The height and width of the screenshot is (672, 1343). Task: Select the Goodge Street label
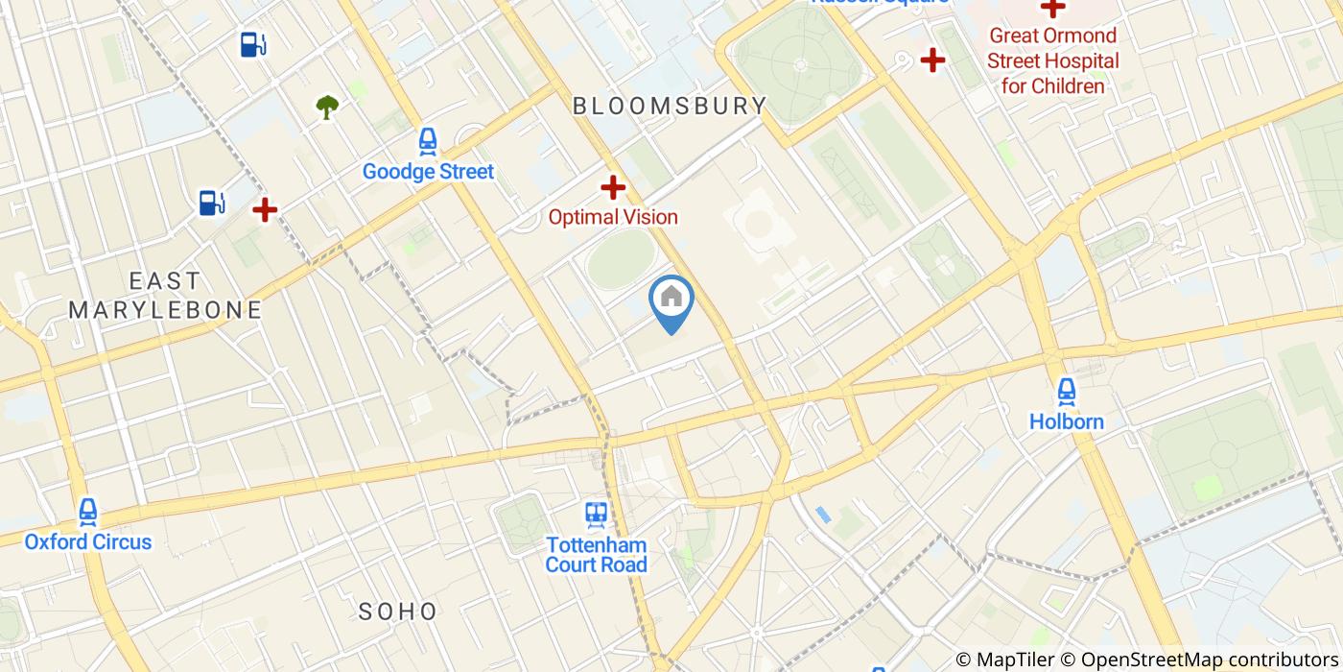428,172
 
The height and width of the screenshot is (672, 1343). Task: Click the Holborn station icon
1066,392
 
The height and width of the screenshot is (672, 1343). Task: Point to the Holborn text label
1066,421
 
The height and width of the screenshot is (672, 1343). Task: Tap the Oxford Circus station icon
88,513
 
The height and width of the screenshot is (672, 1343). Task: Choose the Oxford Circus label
88,541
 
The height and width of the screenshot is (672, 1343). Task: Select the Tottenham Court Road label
596,554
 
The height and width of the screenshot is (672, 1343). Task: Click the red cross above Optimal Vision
613,187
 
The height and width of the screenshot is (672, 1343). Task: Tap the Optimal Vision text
613,217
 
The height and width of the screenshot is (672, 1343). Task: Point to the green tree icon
327,107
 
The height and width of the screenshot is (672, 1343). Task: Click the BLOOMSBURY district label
670,106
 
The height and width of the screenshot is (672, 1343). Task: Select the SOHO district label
398,612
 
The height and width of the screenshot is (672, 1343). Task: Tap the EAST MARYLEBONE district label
165,296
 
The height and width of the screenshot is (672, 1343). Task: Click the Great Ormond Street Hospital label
1052,61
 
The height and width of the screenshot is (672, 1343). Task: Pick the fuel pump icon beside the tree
253,44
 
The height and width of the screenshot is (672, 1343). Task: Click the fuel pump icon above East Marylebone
212,203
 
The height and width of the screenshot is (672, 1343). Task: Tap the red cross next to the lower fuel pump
265,208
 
